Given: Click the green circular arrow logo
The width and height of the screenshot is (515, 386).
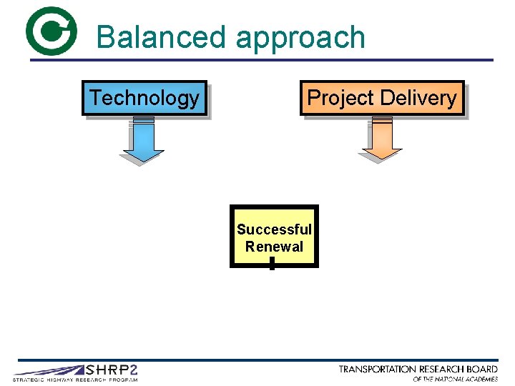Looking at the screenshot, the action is (x=50, y=31).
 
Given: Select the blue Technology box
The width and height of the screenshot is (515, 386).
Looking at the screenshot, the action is (x=144, y=98).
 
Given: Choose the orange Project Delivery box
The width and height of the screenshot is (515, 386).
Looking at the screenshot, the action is (x=382, y=98).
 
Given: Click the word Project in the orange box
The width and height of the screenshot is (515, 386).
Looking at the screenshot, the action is (x=340, y=98).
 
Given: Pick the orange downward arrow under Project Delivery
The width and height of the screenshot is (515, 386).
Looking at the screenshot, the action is (x=381, y=141).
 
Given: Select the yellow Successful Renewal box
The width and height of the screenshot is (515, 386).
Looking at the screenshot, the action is (x=274, y=237).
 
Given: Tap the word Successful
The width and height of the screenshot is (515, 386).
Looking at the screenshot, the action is (x=274, y=229).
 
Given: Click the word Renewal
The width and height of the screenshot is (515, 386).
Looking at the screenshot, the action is (x=274, y=247).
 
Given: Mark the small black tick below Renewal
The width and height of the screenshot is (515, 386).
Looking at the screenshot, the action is (x=273, y=263).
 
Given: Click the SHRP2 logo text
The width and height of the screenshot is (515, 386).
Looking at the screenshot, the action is (x=111, y=370).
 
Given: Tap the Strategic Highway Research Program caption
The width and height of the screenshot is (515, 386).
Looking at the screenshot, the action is (x=75, y=380).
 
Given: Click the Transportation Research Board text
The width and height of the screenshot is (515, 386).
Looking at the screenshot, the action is (x=418, y=370).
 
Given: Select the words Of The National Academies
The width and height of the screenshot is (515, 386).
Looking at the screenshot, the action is (x=455, y=379).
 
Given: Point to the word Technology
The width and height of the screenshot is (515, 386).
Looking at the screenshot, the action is (x=144, y=98).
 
